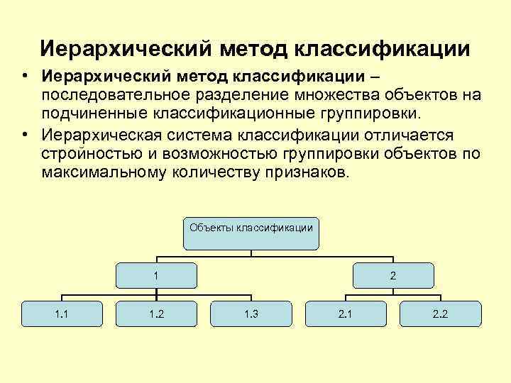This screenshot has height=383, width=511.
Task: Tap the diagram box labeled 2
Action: coord(392,274)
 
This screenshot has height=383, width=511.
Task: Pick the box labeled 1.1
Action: coord(62,313)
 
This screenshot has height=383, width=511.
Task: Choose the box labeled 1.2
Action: coord(156,313)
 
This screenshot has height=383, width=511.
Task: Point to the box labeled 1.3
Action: coord(251,313)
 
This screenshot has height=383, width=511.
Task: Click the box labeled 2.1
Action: coord(346,313)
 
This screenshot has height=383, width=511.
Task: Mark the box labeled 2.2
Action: coord(440,313)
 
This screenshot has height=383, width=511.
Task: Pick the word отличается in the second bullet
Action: coord(410,135)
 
